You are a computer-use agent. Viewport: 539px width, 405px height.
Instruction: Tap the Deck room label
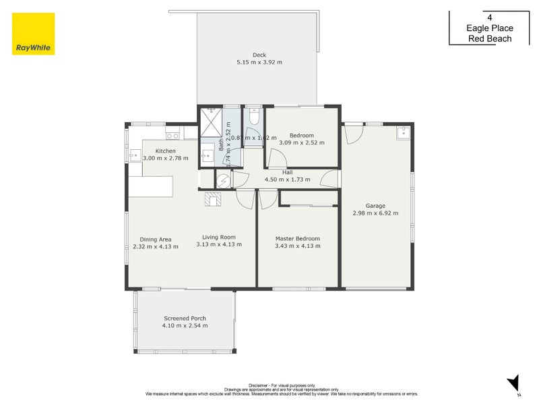tap(259, 55)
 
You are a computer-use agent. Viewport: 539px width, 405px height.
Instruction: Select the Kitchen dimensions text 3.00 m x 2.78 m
tap(165, 158)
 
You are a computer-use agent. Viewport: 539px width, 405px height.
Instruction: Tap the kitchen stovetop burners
tap(171, 136)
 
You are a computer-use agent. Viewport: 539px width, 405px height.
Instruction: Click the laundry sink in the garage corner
tap(403, 133)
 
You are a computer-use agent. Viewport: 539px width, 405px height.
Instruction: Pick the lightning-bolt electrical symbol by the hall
tap(223, 180)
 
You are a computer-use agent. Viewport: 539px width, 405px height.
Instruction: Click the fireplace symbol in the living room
tap(214, 198)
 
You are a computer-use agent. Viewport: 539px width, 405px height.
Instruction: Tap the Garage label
tap(375, 206)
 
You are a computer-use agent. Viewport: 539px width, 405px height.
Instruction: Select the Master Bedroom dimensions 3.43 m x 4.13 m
tap(297, 246)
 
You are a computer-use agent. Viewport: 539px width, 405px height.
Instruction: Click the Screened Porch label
tap(185, 318)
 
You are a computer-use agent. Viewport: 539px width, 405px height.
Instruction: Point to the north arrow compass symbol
tap(513, 381)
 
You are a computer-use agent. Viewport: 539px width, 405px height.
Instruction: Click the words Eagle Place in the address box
tap(490, 28)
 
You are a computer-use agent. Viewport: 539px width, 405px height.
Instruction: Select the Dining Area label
tap(156, 239)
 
